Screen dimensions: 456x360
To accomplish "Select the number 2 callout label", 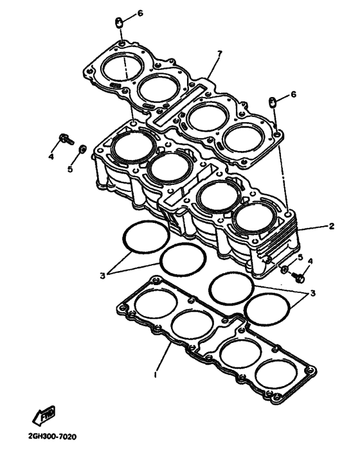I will pyautogui.click(x=332, y=227).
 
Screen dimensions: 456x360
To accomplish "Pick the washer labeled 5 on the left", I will pyautogui.click(x=82, y=150).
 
